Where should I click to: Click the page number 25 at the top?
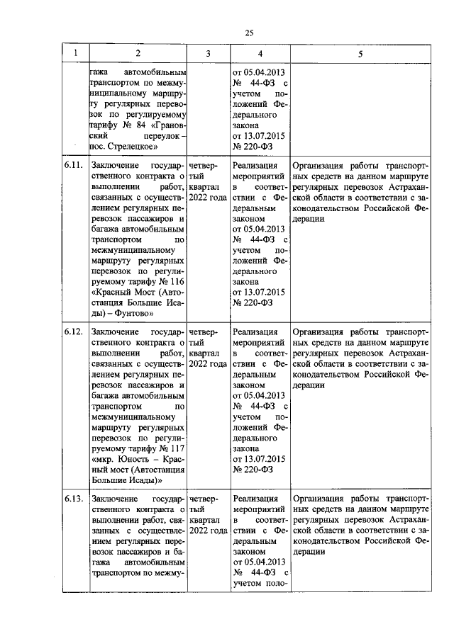click(x=249, y=32)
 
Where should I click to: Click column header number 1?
click(x=74, y=53)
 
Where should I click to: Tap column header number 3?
click(x=208, y=53)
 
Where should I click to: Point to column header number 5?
click(x=360, y=53)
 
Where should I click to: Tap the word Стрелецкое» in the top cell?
click(x=133, y=147)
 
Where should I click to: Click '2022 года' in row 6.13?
click(x=208, y=531)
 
